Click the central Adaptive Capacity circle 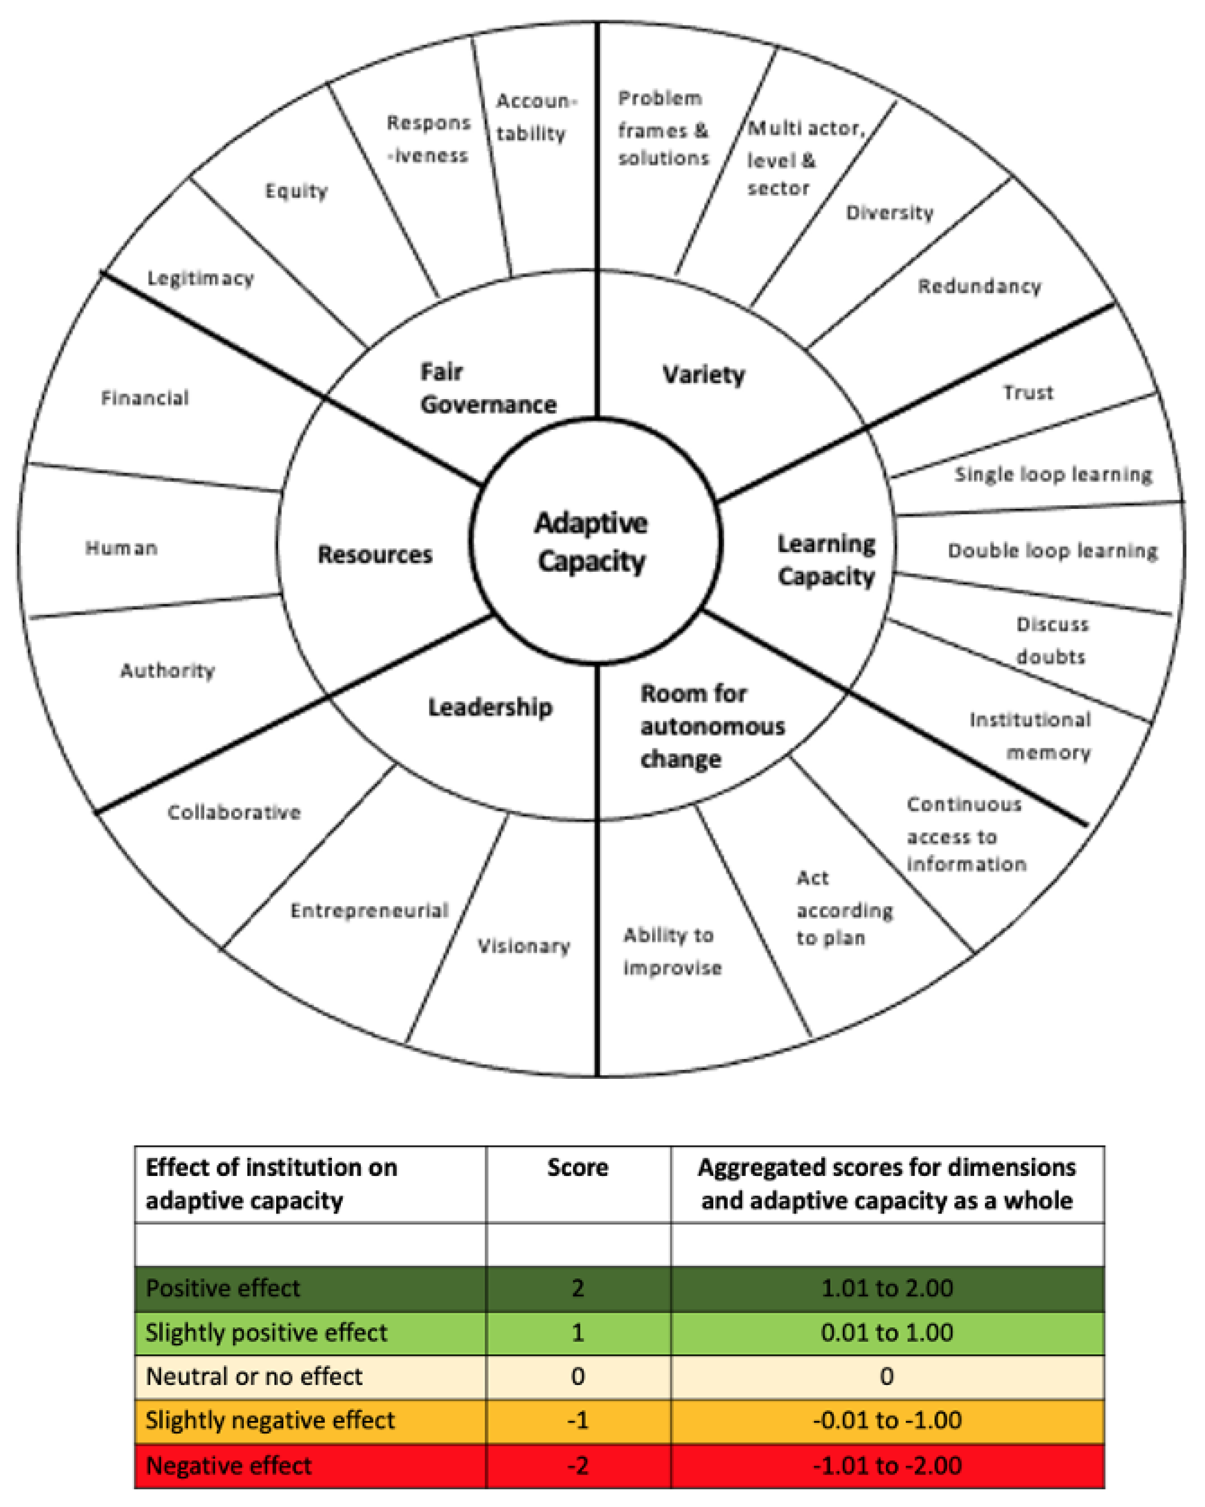tap(593, 542)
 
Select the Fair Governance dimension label tap(487, 388)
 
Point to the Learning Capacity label tap(826, 560)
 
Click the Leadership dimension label tap(490, 707)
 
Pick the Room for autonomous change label tap(712, 726)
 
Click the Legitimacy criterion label tap(201, 278)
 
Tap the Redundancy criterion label tap(979, 286)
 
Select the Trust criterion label tap(1028, 392)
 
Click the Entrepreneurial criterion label tap(369, 910)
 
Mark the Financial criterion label tap(145, 398)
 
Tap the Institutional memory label tap(1030, 735)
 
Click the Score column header tap(577, 1168)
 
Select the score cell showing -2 tap(577, 1465)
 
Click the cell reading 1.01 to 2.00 tap(886, 1287)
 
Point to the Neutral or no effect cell tap(254, 1376)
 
